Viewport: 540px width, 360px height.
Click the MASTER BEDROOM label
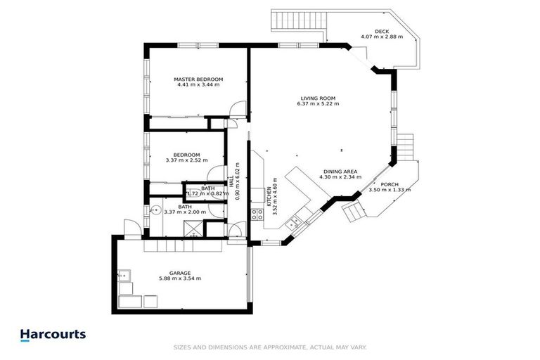(198, 79)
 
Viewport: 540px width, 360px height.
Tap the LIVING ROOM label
(318, 98)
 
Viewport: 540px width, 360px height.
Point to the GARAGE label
(180, 272)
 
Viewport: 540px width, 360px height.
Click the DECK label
(381, 31)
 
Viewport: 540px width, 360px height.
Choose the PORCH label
(390, 184)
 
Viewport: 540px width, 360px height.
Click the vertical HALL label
(241, 181)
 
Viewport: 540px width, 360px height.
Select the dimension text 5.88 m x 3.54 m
(180, 278)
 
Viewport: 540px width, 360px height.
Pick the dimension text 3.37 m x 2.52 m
(187, 160)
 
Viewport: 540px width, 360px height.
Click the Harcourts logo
(53, 335)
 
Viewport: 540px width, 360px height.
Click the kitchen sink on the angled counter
(295, 221)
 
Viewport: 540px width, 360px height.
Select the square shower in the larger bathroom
(191, 226)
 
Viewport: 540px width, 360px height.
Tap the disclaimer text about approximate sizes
(270, 347)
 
